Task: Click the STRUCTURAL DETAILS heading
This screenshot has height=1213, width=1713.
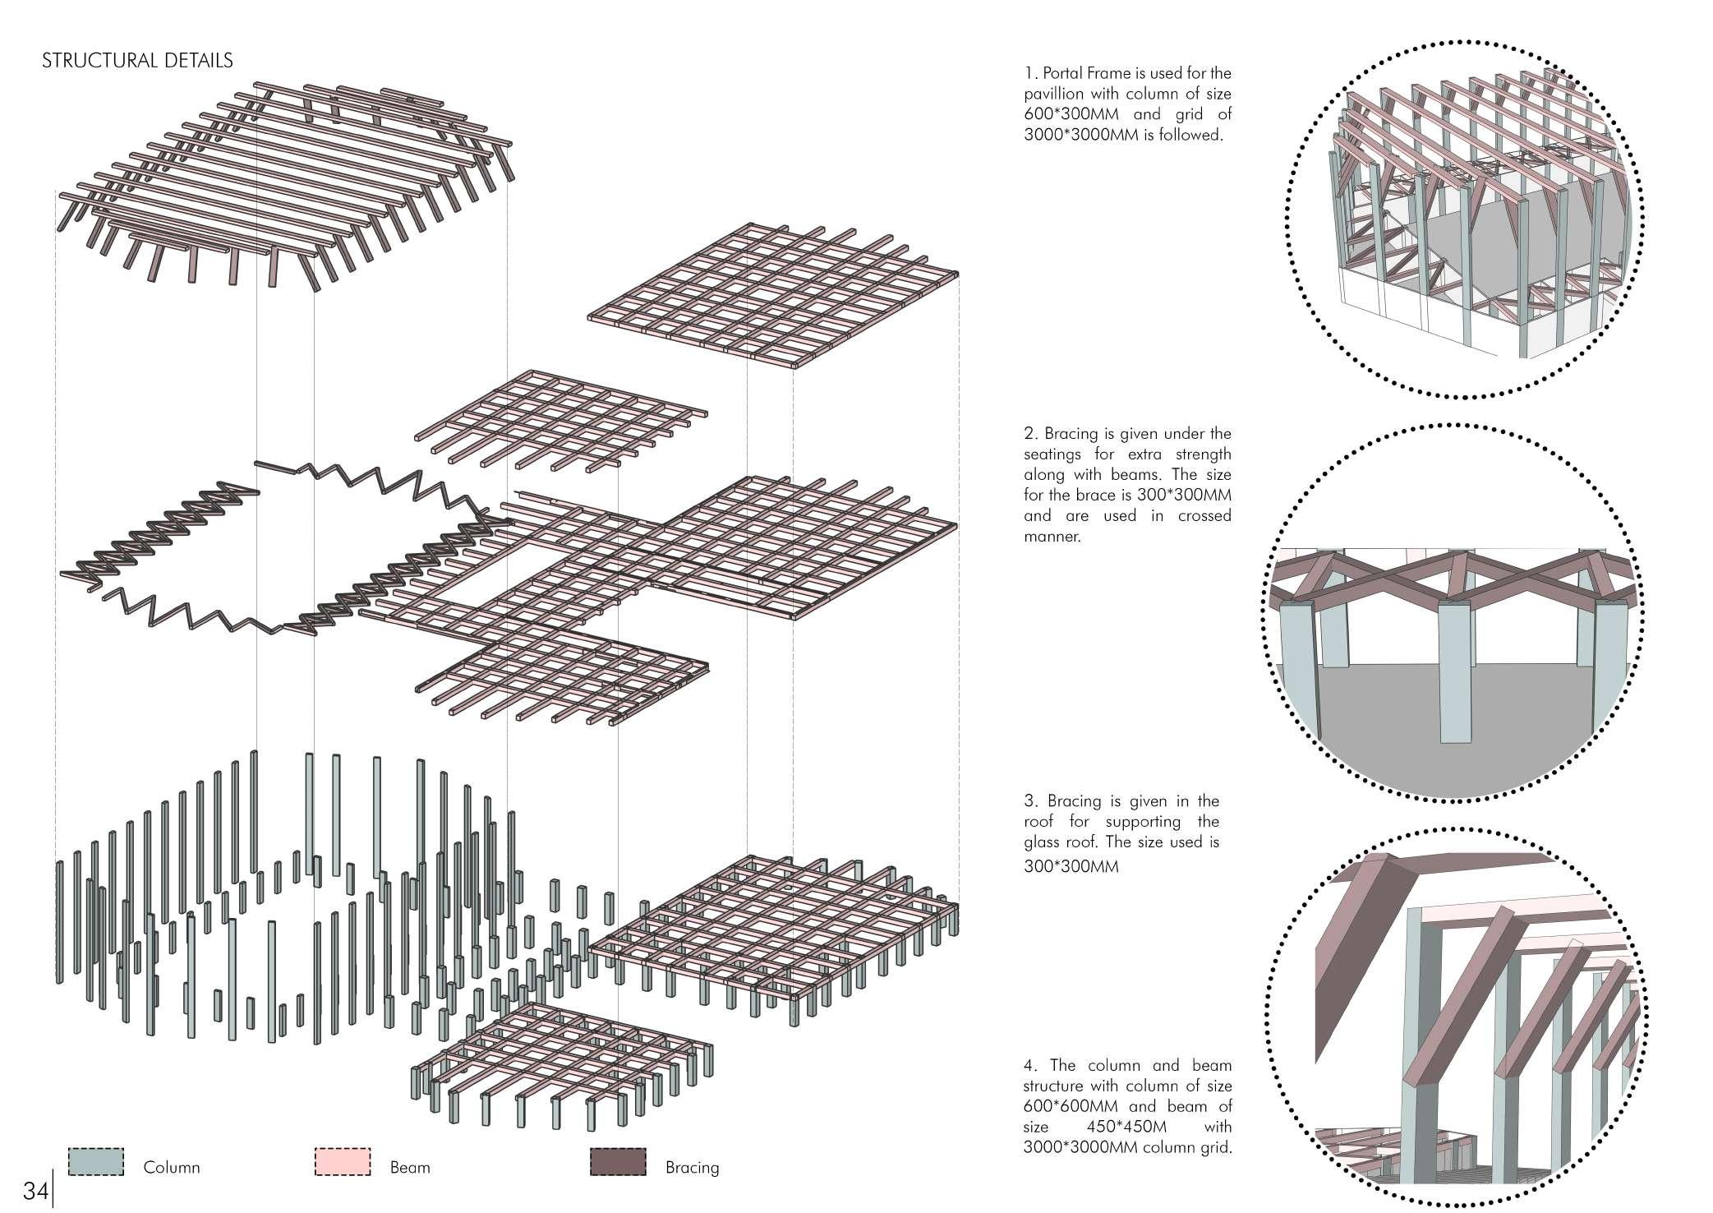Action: point(137,61)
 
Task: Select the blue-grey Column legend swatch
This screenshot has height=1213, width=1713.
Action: point(96,1162)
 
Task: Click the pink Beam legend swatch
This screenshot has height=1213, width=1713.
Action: point(343,1162)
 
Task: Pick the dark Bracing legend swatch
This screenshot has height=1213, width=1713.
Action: point(618,1162)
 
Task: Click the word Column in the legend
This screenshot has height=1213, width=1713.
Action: point(171,1167)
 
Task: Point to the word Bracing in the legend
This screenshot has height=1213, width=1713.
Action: point(692,1167)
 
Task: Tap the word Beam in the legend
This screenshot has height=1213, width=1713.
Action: point(409,1167)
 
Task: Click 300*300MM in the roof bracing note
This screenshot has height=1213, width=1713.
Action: point(1071,866)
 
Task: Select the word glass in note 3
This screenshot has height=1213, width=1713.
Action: point(1044,842)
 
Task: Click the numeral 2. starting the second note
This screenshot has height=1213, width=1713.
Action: point(1029,434)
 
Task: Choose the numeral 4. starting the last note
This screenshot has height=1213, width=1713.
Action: point(1030,1066)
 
